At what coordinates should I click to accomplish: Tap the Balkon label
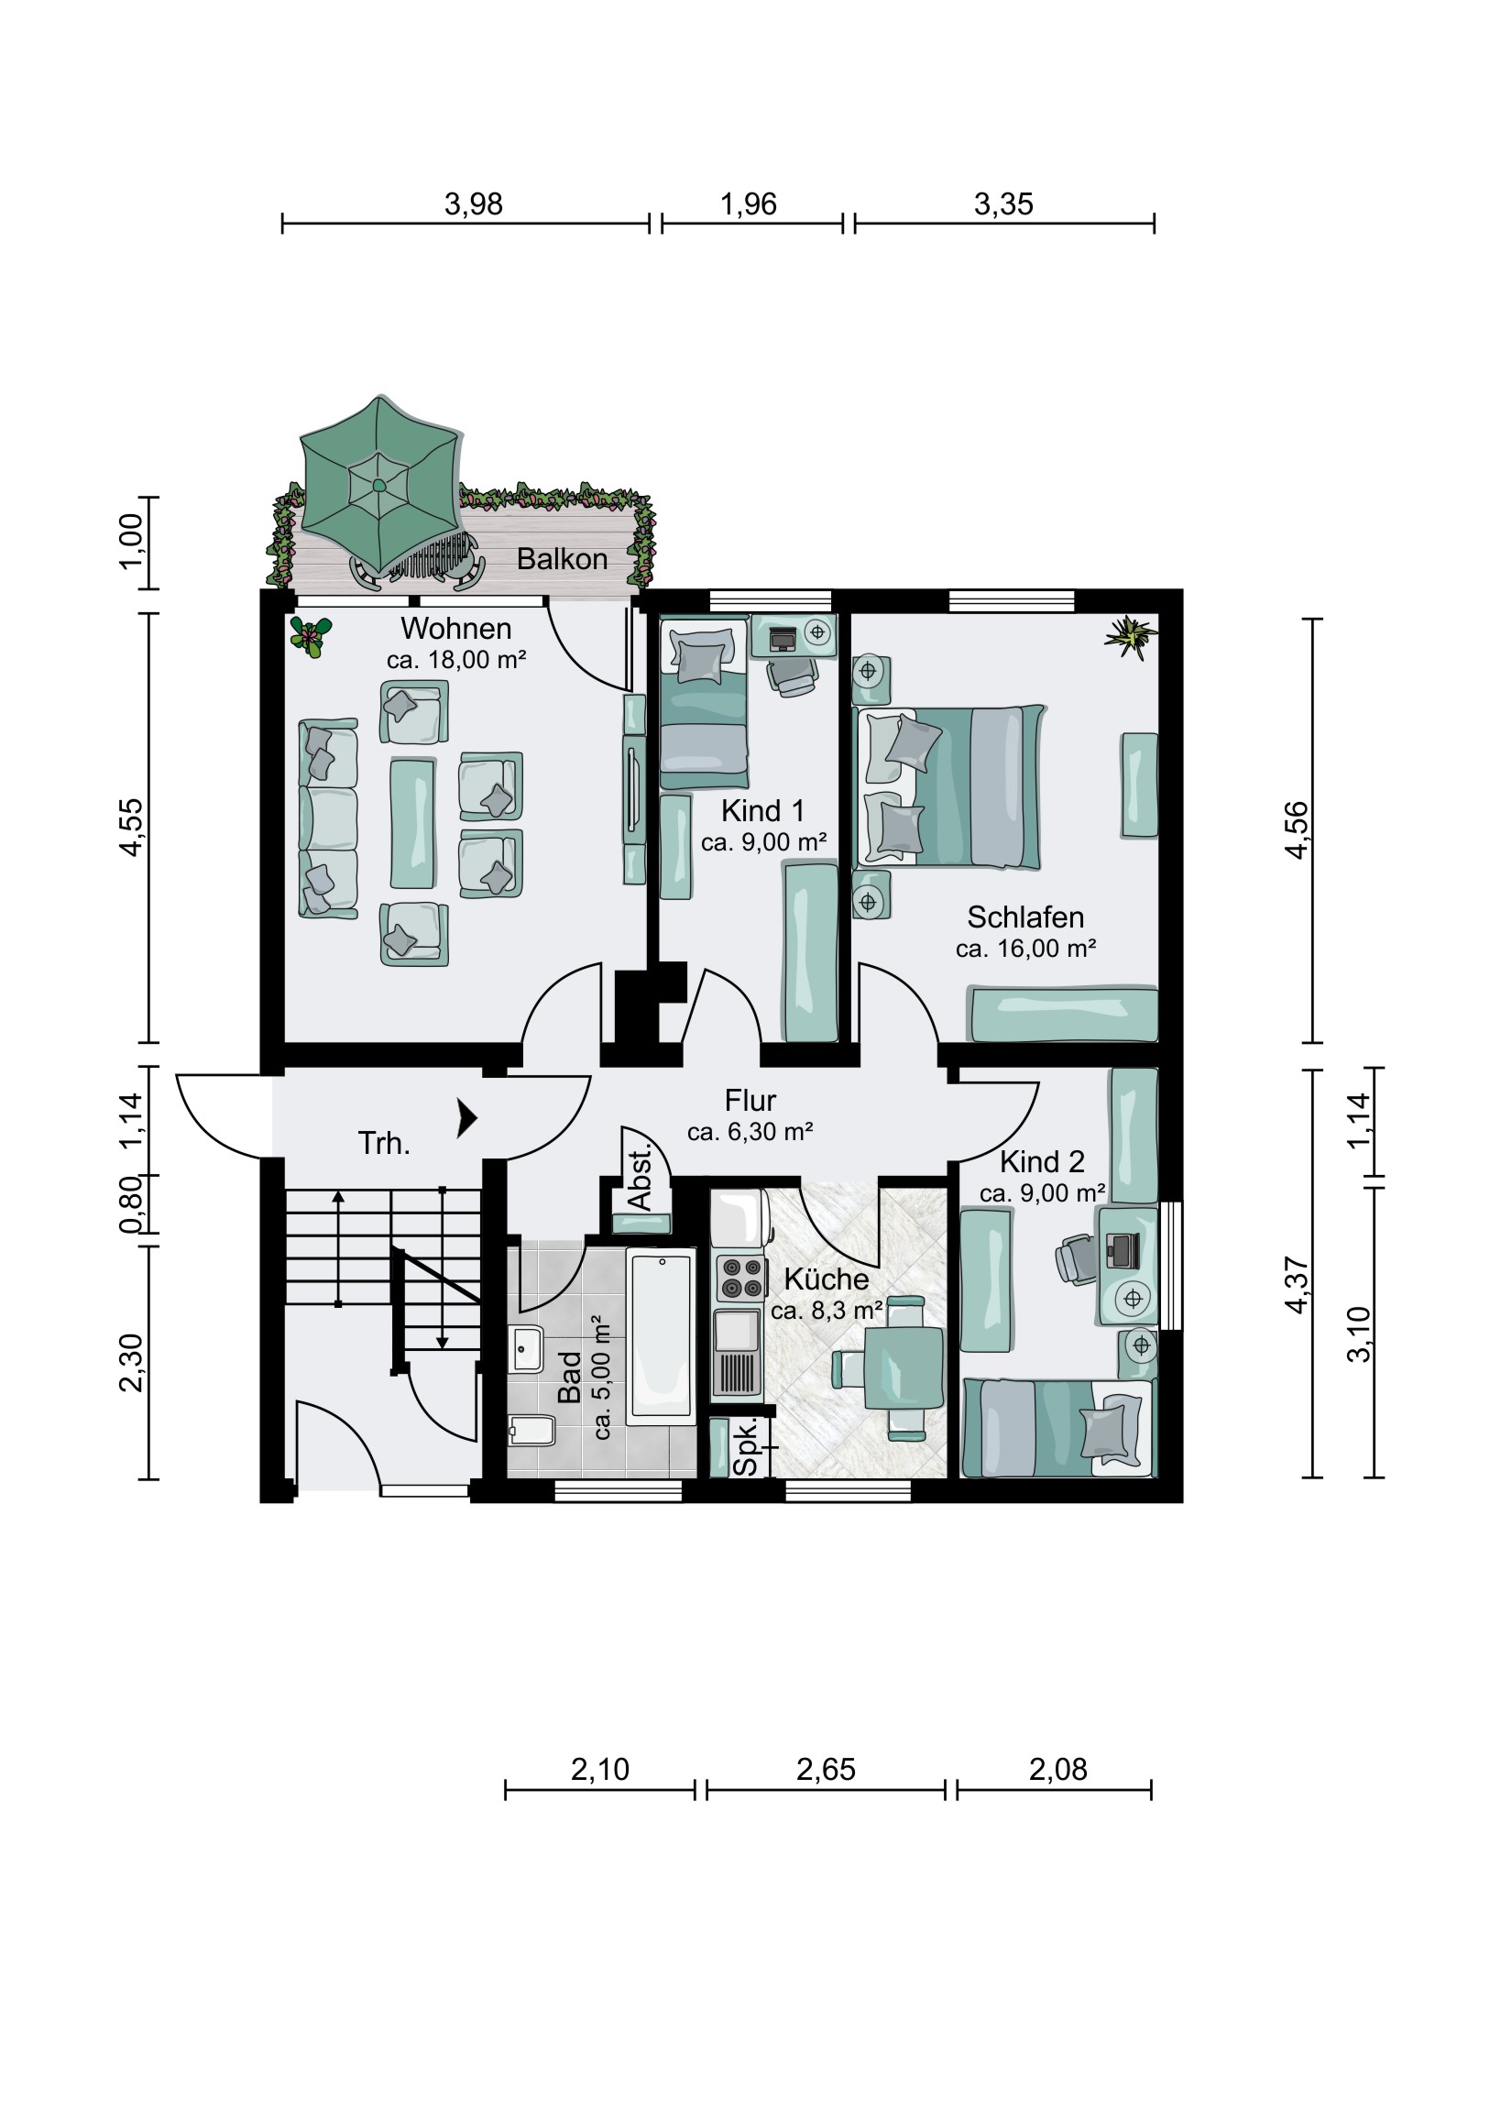562,559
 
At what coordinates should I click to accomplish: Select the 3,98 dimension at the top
473,203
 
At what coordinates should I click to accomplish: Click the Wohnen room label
456,629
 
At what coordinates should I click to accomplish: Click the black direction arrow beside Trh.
467,1119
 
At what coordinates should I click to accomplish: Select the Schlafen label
1025,917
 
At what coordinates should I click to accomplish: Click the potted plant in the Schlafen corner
1130,636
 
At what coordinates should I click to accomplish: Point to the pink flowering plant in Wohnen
311,635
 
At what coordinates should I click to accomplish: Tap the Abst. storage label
639,1178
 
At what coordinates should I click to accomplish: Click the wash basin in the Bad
527,1349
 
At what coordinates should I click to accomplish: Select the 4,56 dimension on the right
1296,830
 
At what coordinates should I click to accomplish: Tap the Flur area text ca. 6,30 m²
750,1132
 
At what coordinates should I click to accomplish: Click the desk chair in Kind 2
1078,1257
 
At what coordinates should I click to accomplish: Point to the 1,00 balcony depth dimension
131,541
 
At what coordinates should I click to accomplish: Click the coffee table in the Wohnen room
413,823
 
